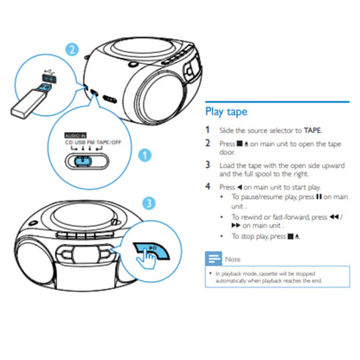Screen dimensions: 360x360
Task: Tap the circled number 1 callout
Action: (145, 156)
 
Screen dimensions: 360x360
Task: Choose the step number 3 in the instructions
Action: (208, 164)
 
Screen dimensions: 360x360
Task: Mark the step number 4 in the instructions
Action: (208, 186)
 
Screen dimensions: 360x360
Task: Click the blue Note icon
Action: (213, 259)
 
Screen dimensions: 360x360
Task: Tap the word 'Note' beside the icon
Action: (232, 259)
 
